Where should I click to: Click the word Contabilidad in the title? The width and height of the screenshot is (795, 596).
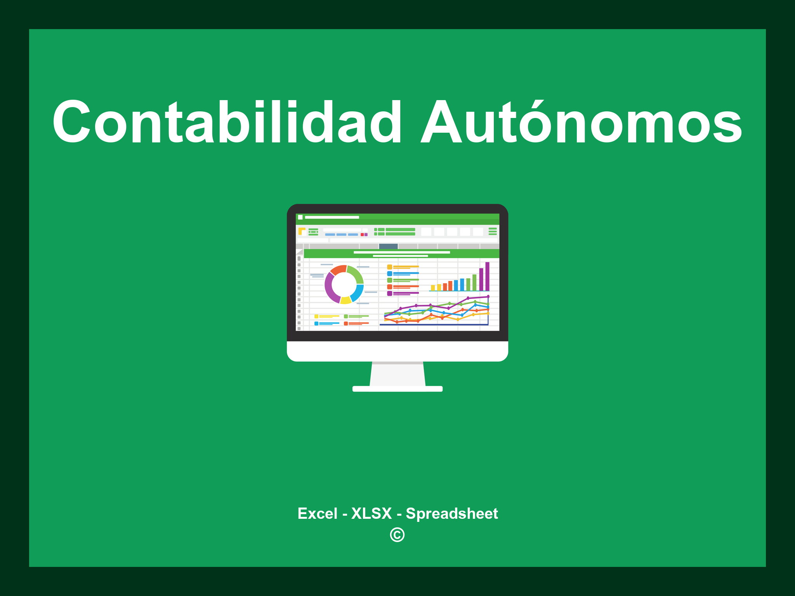pos(227,122)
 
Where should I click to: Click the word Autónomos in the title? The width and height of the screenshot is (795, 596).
pos(581,122)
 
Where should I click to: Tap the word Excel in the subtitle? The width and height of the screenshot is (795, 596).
pos(317,513)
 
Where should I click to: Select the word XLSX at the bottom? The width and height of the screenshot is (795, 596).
pos(371,513)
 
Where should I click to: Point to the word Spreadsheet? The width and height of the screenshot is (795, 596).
pos(451,513)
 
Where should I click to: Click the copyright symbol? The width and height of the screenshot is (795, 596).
pos(397,535)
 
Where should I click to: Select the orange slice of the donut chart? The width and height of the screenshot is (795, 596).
pos(338,270)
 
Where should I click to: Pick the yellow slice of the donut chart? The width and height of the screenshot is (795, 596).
pos(345,300)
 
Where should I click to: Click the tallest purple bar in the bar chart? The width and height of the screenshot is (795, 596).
pos(487,276)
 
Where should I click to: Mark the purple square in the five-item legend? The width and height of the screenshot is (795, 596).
pos(389,293)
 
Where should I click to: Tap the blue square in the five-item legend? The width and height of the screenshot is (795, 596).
pos(389,274)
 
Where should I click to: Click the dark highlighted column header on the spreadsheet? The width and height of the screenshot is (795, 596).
pos(388,246)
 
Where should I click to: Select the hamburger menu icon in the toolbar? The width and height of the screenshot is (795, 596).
pos(493,231)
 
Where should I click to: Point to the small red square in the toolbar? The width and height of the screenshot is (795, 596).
pos(362,235)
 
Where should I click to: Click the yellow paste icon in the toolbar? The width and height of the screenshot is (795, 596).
pos(302,231)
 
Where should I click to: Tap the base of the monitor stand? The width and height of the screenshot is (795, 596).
pos(397,389)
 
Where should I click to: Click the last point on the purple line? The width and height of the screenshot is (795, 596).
pos(488,297)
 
